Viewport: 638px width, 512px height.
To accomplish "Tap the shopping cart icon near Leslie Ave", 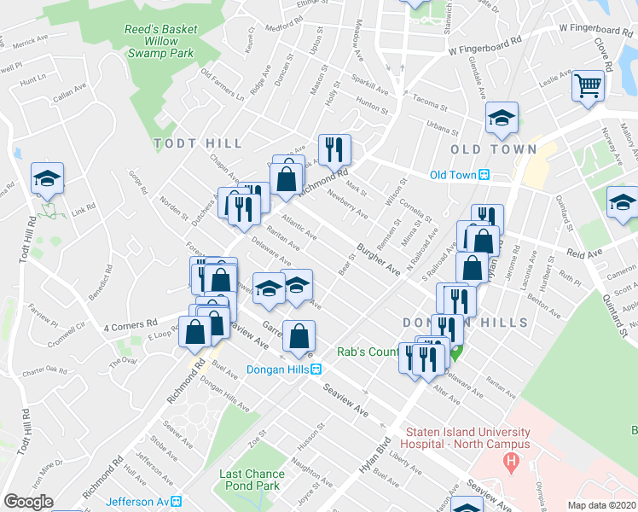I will pyautogui.click(x=588, y=86).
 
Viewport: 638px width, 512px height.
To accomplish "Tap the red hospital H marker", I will pyautogui.click(x=511, y=463).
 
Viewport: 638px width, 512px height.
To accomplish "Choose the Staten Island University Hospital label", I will pyautogui.click(x=467, y=438).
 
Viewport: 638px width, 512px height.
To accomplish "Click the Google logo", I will pyautogui.click(x=28, y=501).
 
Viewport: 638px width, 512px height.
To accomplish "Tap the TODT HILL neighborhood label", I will pyautogui.click(x=199, y=143).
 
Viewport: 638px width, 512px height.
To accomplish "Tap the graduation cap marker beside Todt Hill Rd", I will pyautogui.click(x=48, y=177).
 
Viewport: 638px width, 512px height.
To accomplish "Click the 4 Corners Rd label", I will pyautogui.click(x=130, y=325).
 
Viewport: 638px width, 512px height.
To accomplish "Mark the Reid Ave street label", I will pyautogui.click(x=584, y=253).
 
